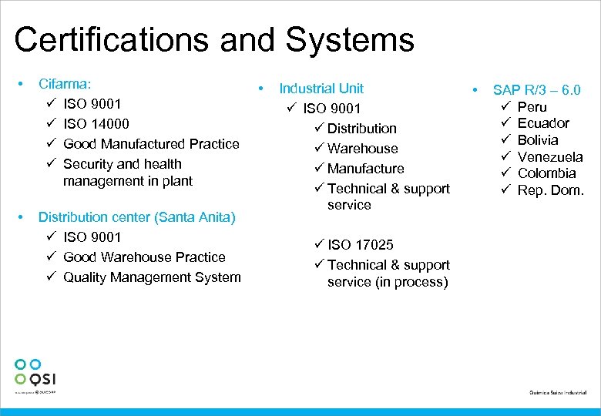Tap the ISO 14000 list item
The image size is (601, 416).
coord(96,123)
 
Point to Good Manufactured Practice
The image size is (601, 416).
coord(151,143)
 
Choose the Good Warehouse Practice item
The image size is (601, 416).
coord(144,257)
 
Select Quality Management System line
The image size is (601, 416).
coord(152,277)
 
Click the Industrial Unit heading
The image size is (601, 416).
coord(321,88)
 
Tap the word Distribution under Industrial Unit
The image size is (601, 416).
coord(361,128)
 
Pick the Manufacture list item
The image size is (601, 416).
coord(365,168)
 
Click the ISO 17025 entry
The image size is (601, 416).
coord(360,244)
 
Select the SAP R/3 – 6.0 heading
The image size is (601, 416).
coord(536,89)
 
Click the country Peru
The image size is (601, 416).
coord(532,106)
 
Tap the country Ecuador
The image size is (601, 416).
coord(543,123)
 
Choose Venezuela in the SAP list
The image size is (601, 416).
coord(550,156)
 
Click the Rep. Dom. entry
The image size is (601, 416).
coord(551,190)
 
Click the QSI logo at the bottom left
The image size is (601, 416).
coord(35,373)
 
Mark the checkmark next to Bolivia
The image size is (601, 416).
coord(506,140)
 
